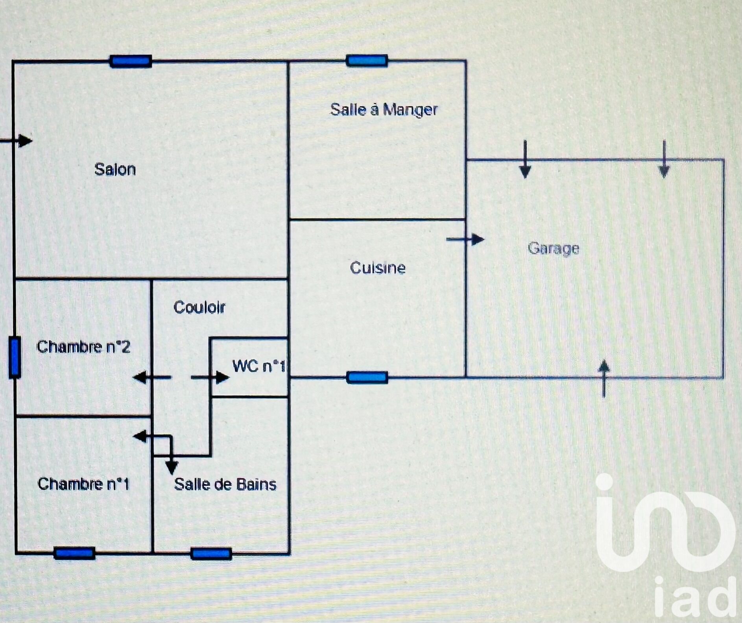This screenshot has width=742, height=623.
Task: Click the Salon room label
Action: click(115, 169)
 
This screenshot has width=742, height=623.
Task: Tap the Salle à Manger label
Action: click(384, 109)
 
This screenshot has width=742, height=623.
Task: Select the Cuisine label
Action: click(377, 268)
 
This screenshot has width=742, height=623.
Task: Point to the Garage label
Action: click(553, 248)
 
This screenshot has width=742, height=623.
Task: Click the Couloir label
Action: click(199, 307)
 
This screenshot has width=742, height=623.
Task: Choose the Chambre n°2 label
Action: click(83, 347)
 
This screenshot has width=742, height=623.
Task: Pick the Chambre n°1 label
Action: click(83, 484)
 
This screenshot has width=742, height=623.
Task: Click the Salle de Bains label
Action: click(225, 484)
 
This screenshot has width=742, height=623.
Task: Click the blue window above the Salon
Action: click(131, 61)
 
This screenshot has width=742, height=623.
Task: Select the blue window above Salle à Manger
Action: click(367, 61)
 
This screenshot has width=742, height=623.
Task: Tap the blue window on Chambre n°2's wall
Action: click(15, 357)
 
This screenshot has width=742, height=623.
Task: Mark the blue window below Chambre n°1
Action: click(74, 553)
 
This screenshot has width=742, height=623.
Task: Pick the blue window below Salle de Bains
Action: click(211, 554)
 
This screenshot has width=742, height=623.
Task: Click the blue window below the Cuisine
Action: click(367, 378)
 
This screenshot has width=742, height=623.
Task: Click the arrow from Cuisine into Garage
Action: click(466, 239)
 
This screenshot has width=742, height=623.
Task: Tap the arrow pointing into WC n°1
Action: click(210, 378)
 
